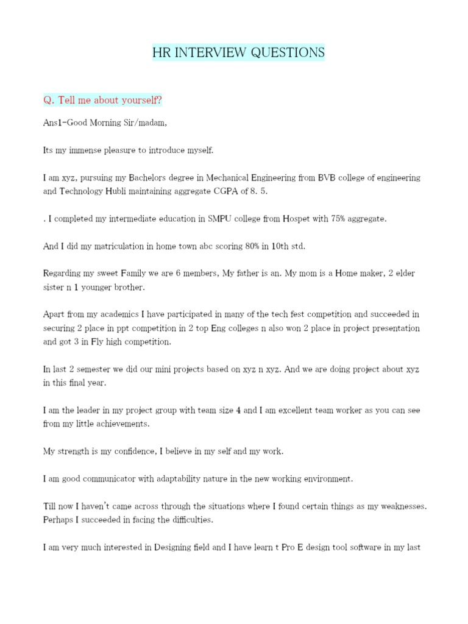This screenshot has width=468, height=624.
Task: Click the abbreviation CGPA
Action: tap(239, 191)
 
